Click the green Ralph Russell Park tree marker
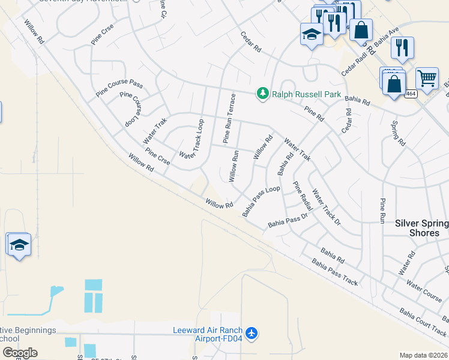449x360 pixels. coord(262,94)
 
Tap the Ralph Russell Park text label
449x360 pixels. coord(306,94)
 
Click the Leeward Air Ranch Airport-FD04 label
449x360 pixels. coord(208,334)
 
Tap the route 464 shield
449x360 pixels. coord(411,94)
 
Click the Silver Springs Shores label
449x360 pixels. coord(421,228)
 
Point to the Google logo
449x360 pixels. coord(19,352)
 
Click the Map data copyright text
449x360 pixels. coord(423,355)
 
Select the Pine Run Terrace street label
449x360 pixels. coord(229,118)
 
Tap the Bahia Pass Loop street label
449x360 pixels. coord(261,201)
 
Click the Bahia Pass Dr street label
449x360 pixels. coord(288,220)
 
